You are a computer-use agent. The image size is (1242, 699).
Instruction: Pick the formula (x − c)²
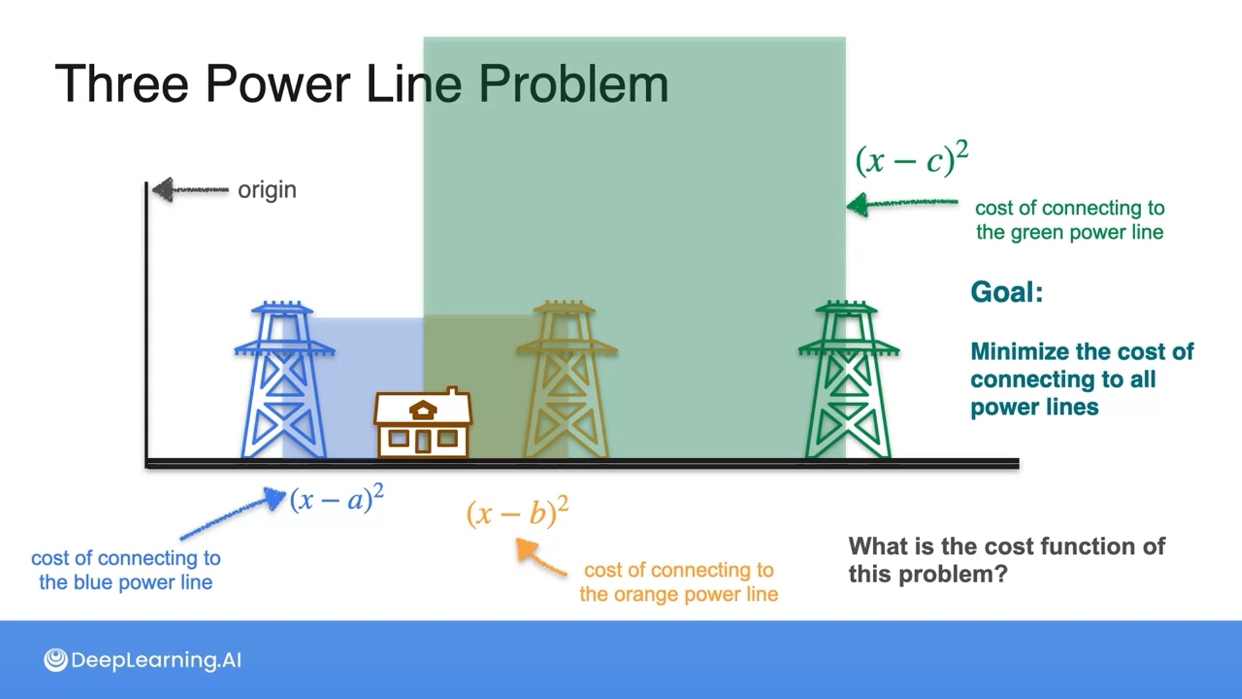(x=911, y=159)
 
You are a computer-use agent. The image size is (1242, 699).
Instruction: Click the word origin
(x=267, y=190)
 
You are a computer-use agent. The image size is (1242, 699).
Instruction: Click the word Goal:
(x=1007, y=292)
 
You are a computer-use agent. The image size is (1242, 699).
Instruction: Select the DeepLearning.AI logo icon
(x=56, y=660)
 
